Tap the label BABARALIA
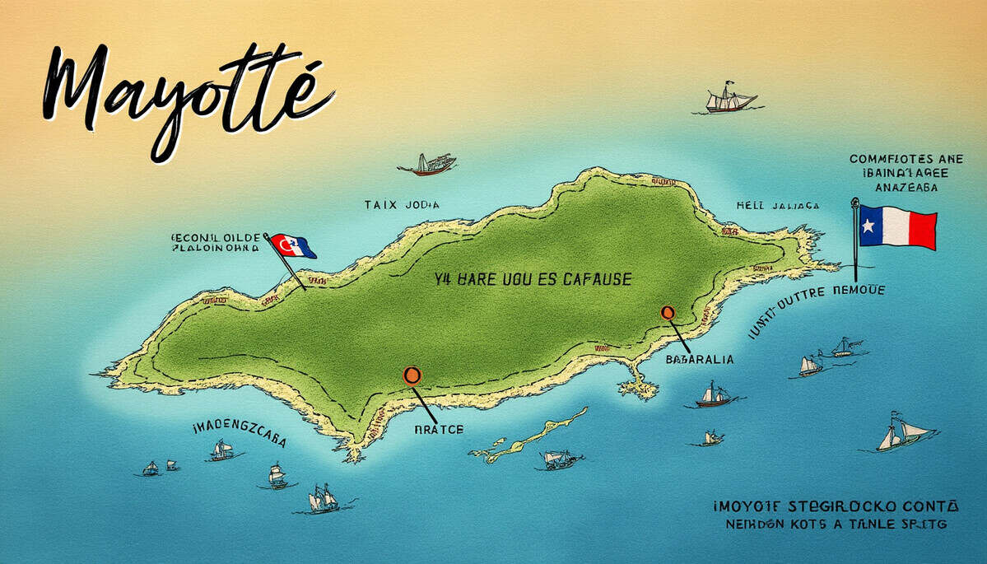coord(699,360)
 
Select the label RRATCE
coord(439,430)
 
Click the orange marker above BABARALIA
coord(668,313)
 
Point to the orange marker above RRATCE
coord(412,376)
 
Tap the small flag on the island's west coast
coord(293,246)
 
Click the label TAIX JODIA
coord(402,204)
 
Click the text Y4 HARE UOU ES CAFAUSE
coord(533,280)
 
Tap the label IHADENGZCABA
coord(239,433)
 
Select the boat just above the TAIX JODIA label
coord(429,165)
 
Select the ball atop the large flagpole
coord(854,202)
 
